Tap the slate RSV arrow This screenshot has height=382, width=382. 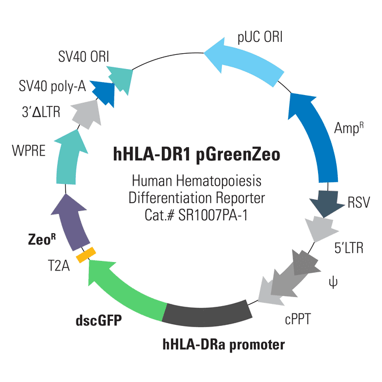[327, 203]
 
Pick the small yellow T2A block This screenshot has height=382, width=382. [86, 255]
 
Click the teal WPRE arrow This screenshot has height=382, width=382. [68, 158]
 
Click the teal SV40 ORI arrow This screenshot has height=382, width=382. [121, 79]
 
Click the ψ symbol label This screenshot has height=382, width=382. [333, 282]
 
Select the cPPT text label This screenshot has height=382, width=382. [298, 319]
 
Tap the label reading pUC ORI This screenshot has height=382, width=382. [260, 37]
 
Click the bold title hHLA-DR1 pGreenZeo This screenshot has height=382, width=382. [196, 154]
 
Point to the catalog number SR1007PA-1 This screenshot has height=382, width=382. [213, 215]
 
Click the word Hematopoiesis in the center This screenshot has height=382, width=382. [218, 182]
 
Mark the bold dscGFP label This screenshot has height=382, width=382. [98, 320]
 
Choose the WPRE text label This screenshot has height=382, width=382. [29, 151]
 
